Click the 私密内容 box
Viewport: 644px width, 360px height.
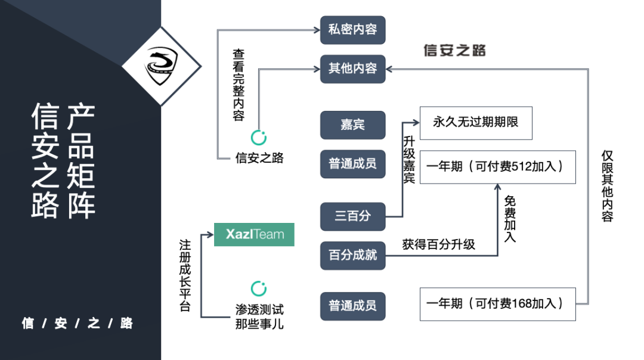coord(352,29)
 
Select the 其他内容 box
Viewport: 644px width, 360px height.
coord(352,69)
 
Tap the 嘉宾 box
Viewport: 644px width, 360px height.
coord(352,125)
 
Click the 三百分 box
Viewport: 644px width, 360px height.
coord(352,216)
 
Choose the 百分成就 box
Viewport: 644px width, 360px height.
coord(352,255)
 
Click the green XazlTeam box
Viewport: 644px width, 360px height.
coord(254,234)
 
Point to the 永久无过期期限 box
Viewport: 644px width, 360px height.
coord(475,123)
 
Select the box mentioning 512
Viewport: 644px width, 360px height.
coord(498,167)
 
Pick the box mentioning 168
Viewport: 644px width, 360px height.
coord(498,303)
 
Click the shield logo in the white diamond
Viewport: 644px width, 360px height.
coord(162,66)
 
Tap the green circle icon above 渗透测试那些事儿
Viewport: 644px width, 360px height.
coord(259,289)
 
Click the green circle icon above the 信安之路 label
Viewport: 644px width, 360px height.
coord(259,138)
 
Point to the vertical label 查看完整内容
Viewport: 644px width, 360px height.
coord(239,85)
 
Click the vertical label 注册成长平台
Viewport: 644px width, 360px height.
coord(185,275)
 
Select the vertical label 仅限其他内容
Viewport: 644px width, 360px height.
coord(607,185)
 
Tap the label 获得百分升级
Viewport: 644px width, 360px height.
coord(438,244)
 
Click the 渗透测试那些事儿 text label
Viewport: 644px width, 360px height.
coord(259,318)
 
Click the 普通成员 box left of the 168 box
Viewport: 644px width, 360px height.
coord(352,306)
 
